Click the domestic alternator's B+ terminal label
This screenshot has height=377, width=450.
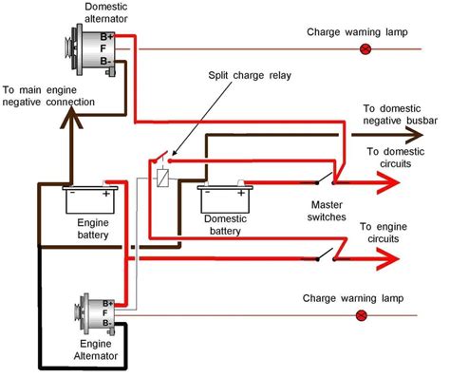click(x=106, y=37)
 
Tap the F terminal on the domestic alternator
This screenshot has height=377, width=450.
click(x=103, y=48)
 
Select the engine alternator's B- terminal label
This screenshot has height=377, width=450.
click(x=107, y=323)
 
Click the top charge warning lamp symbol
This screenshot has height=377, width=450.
click(x=366, y=49)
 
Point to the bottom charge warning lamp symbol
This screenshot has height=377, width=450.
click(x=362, y=315)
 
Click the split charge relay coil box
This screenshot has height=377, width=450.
click(x=162, y=178)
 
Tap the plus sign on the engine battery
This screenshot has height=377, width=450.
click(x=105, y=194)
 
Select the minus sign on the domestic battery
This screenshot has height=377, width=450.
click(x=207, y=192)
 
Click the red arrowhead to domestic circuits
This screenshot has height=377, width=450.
click(x=388, y=182)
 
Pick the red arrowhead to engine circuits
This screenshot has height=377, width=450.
click(x=388, y=259)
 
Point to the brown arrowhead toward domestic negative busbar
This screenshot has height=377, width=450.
click(x=414, y=135)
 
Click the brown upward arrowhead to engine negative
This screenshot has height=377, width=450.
click(x=72, y=118)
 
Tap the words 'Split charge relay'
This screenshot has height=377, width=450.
click(x=250, y=76)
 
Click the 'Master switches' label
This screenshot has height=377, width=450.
click(x=327, y=211)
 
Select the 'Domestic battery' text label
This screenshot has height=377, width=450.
click(x=225, y=225)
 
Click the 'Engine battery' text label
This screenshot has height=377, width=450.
click(x=93, y=229)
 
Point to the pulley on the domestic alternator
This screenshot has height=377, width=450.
click(x=68, y=48)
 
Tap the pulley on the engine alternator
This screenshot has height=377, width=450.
click(x=78, y=313)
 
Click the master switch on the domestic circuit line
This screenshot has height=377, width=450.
click(x=325, y=179)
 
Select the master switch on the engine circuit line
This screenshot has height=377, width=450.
click(x=326, y=255)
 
